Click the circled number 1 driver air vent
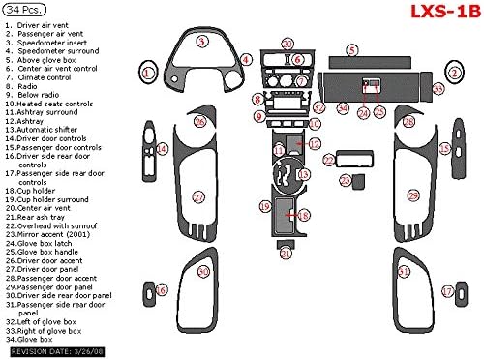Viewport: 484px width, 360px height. click(147, 71)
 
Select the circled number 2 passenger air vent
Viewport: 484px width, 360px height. click(454, 71)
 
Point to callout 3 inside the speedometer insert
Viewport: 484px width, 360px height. click(200, 42)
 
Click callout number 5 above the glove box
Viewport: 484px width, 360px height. click(352, 49)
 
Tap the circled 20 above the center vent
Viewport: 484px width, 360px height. click(287, 44)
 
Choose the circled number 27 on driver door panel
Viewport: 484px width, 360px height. click(198, 197)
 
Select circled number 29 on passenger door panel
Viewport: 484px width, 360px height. click(413, 196)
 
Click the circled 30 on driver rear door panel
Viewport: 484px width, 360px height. click(203, 272)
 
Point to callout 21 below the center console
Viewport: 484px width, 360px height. click(287, 253)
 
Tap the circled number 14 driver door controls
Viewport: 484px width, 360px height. click(163, 148)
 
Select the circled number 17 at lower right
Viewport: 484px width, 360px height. click(447, 289)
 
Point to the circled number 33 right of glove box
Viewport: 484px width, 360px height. click(439, 89)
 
